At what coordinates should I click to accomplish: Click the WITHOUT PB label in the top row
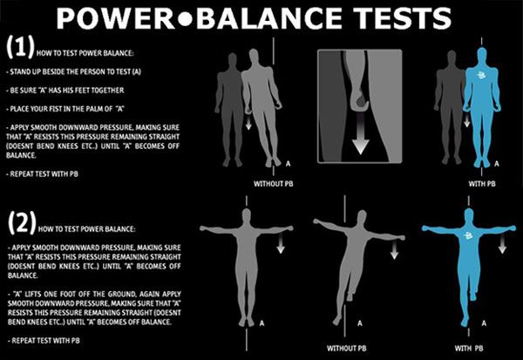275,185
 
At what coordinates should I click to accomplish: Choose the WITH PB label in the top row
472,185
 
